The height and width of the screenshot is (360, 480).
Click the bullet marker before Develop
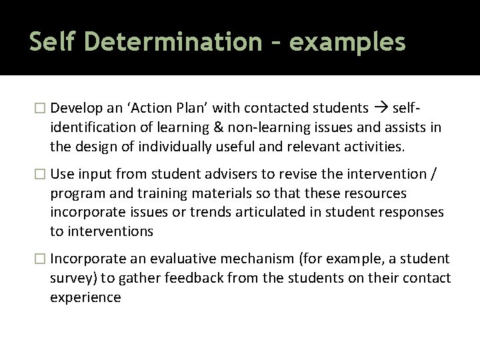point(42,108)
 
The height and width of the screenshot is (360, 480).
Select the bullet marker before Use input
point(42,174)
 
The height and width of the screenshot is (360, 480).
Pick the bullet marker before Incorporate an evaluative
point(42,259)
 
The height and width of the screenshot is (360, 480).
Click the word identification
point(93,127)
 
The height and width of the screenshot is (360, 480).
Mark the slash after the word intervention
point(435,174)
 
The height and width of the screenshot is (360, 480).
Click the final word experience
point(85,297)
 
